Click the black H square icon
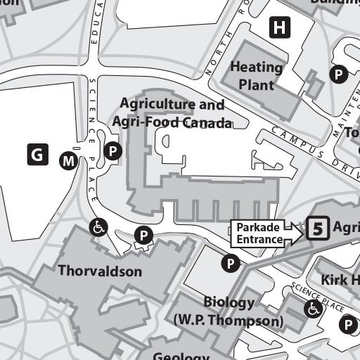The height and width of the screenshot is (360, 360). click(281, 28)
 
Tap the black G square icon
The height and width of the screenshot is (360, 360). click(37, 153)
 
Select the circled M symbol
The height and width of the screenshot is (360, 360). click(67, 162)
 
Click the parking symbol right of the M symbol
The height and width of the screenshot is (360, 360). click(112, 150)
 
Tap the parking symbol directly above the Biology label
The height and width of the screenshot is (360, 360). click(230, 264)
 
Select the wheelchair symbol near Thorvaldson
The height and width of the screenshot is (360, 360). click(98, 226)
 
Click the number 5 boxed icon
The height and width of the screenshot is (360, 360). click(318, 229)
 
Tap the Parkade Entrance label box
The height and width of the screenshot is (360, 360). click(258, 233)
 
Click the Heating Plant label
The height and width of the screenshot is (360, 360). click(257, 76)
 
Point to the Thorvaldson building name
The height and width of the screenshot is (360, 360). click(100, 271)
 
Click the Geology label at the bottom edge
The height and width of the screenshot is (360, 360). click(181, 355)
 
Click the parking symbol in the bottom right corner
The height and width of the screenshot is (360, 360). click(347, 324)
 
